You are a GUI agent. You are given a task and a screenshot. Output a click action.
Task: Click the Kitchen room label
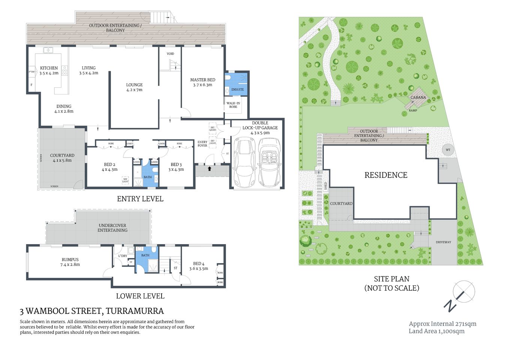(x=49, y=68)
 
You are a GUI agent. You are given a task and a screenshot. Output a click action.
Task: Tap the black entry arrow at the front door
(x=210, y=169)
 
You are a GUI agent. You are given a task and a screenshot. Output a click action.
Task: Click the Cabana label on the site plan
(x=418, y=97)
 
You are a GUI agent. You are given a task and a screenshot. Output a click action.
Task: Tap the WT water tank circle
(x=448, y=150)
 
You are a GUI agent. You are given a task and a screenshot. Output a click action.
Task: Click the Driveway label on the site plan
(x=443, y=242)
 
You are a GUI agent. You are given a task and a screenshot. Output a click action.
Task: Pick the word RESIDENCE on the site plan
(x=386, y=175)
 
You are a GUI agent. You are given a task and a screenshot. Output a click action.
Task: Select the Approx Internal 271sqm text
(x=442, y=324)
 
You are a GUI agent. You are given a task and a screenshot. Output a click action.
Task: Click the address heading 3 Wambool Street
(x=92, y=311)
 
